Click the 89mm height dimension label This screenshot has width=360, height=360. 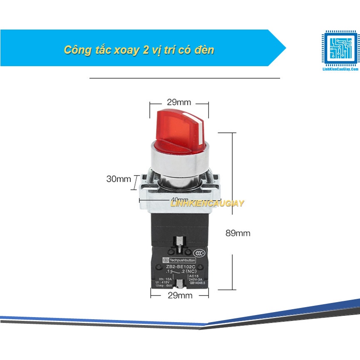238,233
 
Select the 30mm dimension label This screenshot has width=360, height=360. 118,179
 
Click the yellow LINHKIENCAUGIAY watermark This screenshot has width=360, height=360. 207,204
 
